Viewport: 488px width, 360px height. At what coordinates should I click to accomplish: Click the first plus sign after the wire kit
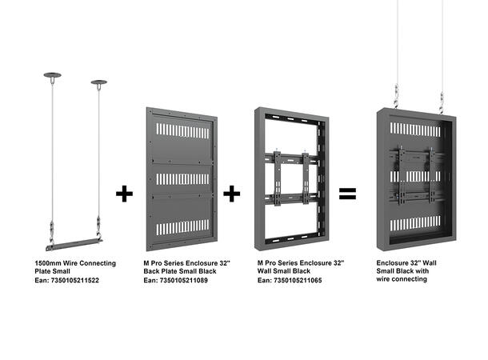(124, 194)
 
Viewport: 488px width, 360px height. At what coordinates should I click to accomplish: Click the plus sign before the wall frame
(232, 194)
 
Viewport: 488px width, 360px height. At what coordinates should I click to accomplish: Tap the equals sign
(347, 194)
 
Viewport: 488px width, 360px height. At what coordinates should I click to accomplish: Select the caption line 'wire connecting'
(402, 282)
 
